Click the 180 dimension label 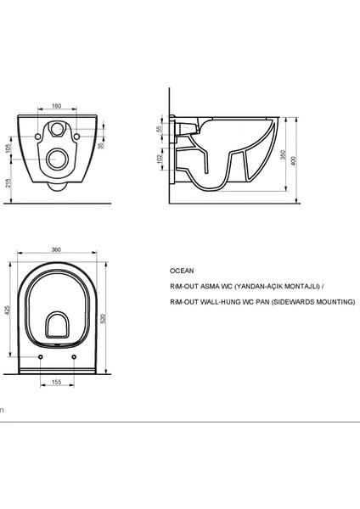pyautogui.click(x=57, y=106)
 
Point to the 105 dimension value pyautogui.click(x=8, y=148)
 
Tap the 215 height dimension pyautogui.click(x=8, y=183)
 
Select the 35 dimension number pyautogui.click(x=101, y=146)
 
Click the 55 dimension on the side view pyautogui.click(x=159, y=129)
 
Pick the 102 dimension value pyautogui.click(x=160, y=159)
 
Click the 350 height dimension pyautogui.click(x=283, y=154)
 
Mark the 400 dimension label pyautogui.click(x=294, y=160)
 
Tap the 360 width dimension pyautogui.click(x=56, y=249)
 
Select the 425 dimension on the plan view pyautogui.click(x=8, y=310)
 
